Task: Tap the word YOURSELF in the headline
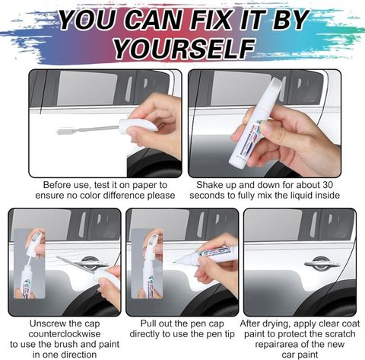point(183,48)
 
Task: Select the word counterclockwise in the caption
point(65,334)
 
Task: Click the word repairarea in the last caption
point(277,345)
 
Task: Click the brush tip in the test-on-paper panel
point(62,132)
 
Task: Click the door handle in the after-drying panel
point(322,264)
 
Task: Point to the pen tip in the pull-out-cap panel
point(174,263)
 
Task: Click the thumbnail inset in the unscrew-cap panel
point(29,263)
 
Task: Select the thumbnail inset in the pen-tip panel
point(147,263)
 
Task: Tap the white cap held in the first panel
point(139,125)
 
